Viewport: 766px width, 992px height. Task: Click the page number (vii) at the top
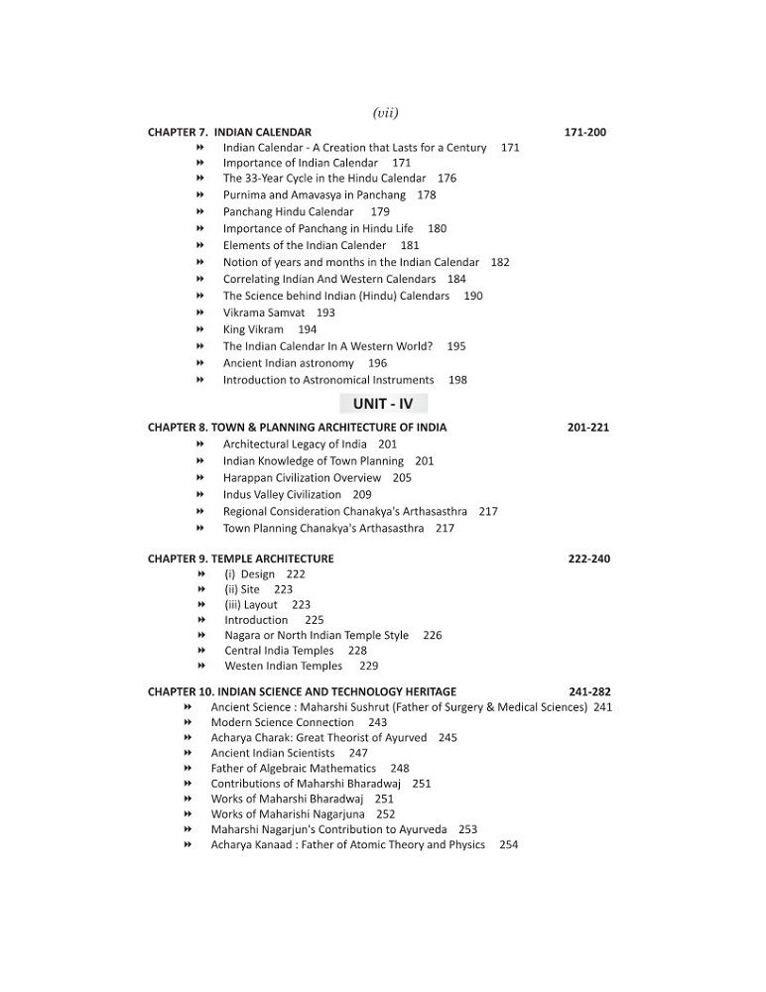[x=384, y=113]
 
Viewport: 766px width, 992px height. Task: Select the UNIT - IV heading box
[x=383, y=403]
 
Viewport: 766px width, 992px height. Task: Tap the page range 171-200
[x=584, y=132]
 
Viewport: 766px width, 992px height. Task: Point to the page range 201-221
[x=588, y=428]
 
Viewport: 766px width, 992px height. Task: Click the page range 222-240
[x=589, y=558]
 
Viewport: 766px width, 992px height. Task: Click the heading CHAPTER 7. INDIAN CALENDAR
[x=229, y=132]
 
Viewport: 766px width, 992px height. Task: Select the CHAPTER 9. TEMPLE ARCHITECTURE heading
[x=240, y=558]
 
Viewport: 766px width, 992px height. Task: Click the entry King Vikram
[x=253, y=329]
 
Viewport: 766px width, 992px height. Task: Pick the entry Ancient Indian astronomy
[x=288, y=363]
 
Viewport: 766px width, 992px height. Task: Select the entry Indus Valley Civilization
[x=282, y=494]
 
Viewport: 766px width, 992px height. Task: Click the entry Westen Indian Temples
[x=283, y=666]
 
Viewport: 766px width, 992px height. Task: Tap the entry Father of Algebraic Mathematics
[x=293, y=768]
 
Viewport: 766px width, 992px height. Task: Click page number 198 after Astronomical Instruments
[x=457, y=380]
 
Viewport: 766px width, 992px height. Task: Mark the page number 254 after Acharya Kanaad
[x=509, y=844]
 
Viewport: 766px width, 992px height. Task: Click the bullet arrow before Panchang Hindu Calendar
[x=200, y=211]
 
